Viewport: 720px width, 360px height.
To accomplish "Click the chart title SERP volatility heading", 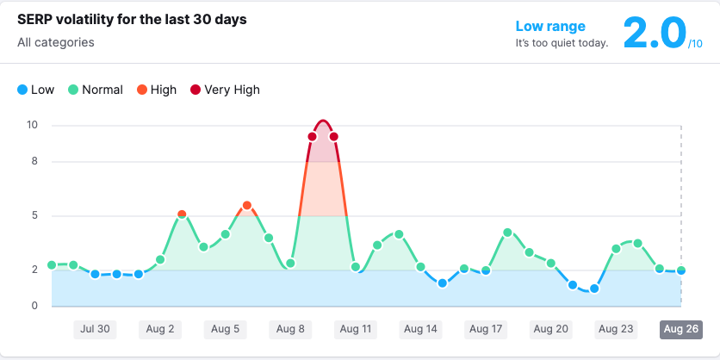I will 132,20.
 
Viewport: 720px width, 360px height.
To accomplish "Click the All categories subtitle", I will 56,42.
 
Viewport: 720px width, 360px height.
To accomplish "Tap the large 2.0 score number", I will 655,34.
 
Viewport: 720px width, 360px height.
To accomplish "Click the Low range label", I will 550,27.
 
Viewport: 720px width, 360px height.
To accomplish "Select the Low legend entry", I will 35,90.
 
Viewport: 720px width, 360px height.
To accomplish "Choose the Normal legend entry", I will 96,90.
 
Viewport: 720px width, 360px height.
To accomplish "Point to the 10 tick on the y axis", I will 33,125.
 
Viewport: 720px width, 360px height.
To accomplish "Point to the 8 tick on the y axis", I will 34,161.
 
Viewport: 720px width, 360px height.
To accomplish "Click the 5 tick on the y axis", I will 34,215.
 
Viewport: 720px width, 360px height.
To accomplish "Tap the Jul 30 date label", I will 95,328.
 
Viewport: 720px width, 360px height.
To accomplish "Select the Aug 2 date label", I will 160,328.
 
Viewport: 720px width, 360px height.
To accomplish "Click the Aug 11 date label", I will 355,328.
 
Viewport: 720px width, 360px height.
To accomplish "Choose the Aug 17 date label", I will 486,328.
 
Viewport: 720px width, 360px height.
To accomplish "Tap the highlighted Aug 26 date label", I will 681,328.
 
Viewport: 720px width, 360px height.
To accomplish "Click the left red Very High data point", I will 312,136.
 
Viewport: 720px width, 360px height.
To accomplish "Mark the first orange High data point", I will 182,214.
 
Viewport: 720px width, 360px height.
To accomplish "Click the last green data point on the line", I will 681,270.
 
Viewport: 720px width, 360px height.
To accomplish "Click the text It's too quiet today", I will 562,42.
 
